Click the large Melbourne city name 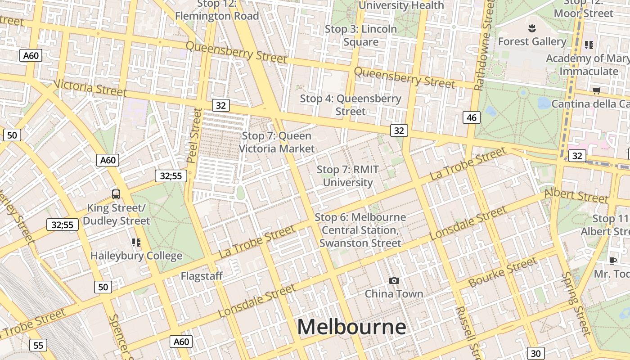tap(351, 327)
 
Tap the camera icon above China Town tap(394, 281)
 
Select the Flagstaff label tap(202, 276)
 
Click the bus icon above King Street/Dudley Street tap(116, 194)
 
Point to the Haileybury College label tap(136, 256)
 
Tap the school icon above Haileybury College tap(136, 243)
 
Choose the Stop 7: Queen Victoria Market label tap(276, 142)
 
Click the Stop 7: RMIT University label tap(348, 176)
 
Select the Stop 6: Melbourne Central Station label tap(360, 230)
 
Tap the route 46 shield tap(471, 118)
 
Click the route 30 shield tap(535, 353)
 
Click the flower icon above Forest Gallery tap(532, 28)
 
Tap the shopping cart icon tap(597, 91)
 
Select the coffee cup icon tap(612, 261)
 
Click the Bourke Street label tap(503, 272)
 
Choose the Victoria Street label tap(90, 88)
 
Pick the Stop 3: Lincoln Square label tap(361, 36)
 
